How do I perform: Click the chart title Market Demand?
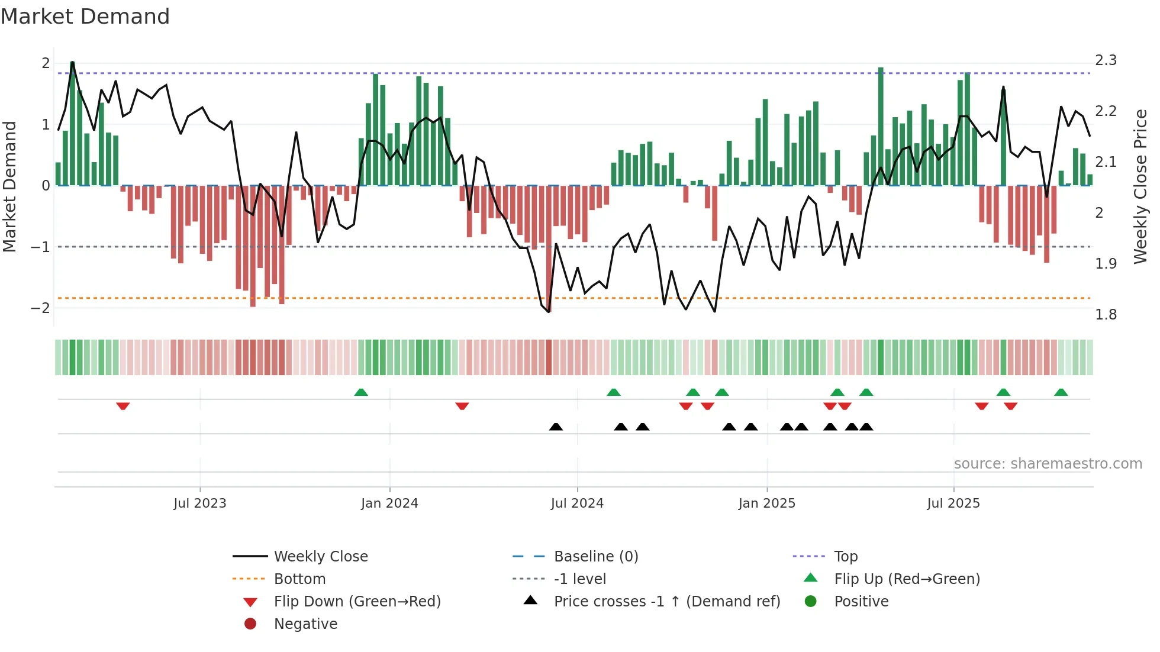[x=85, y=16]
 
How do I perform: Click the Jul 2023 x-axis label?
[x=200, y=503]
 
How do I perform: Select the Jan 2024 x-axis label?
[x=389, y=503]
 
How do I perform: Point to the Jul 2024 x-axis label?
[x=577, y=503]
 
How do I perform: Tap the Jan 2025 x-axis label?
[x=767, y=503]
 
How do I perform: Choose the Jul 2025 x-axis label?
[x=953, y=503]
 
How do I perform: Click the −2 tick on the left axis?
[x=41, y=308]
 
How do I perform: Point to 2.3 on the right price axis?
[x=1106, y=60]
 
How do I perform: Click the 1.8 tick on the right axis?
[x=1106, y=314]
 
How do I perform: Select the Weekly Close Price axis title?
[x=1140, y=186]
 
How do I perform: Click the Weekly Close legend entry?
[x=321, y=556]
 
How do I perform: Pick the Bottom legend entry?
[x=299, y=579]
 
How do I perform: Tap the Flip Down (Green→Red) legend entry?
[x=357, y=601]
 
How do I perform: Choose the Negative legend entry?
[x=305, y=624]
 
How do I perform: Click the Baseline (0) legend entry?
[x=596, y=556]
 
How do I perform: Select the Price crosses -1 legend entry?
[x=667, y=601]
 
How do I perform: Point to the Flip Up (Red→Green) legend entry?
[x=907, y=579]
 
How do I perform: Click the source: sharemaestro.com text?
[x=1048, y=463]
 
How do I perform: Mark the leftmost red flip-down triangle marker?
[x=123, y=406]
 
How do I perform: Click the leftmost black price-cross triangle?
[x=556, y=427]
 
